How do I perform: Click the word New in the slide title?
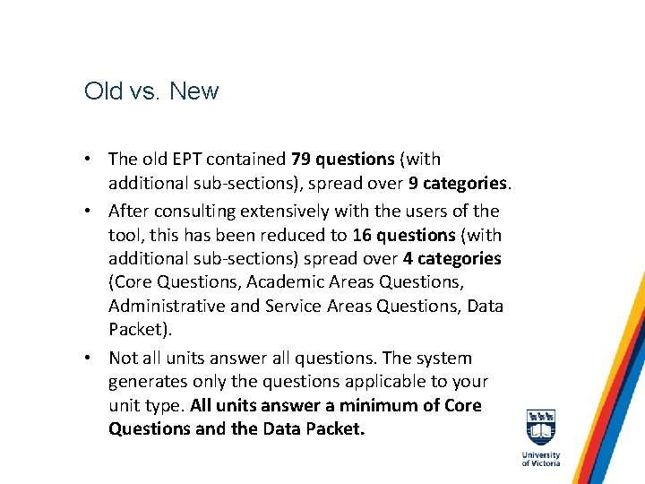click(x=193, y=91)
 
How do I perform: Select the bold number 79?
click(x=301, y=160)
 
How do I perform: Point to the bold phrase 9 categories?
click(x=458, y=183)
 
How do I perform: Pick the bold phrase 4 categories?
click(x=451, y=259)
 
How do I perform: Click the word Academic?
click(x=279, y=282)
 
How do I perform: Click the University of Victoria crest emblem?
click(x=540, y=427)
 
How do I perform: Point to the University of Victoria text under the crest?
click(x=540, y=458)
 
